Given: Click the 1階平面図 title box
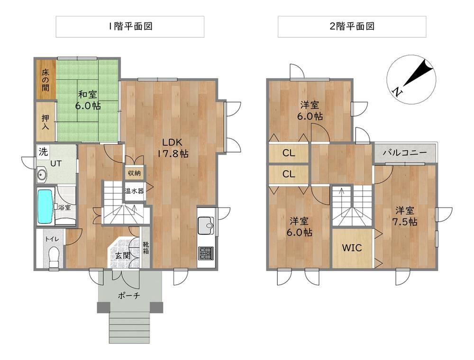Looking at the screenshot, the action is (x=130, y=27).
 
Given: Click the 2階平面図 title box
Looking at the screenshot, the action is (x=352, y=27).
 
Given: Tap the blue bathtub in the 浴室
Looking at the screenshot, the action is (x=45, y=206).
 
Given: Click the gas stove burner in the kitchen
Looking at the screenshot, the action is (x=206, y=253).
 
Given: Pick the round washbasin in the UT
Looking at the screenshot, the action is (x=41, y=174).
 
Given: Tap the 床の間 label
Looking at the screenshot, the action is (x=46, y=80).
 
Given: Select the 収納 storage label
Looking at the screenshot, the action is (x=134, y=173).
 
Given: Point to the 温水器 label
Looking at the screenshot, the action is (x=134, y=191).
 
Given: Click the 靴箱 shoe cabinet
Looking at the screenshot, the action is (x=146, y=247).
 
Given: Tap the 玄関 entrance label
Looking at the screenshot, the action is (x=123, y=255).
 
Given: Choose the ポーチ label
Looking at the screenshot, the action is (x=129, y=296).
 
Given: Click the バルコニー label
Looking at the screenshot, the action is (x=405, y=153).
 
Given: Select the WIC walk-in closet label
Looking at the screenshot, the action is (x=352, y=248).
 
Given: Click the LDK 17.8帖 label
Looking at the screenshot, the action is (x=173, y=148).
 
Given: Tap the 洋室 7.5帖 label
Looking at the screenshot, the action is (x=405, y=216).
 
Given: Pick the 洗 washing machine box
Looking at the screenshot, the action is (x=43, y=152).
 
